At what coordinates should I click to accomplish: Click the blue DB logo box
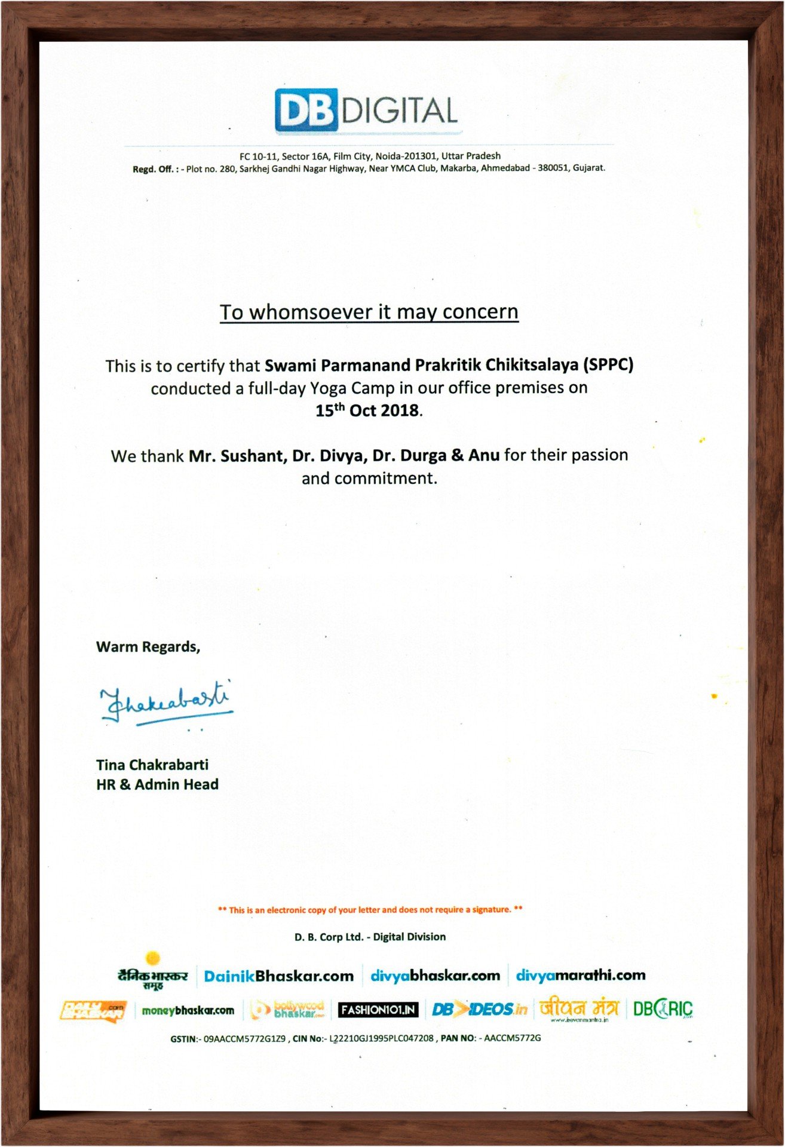point(306,111)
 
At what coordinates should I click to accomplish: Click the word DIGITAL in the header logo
point(400,111)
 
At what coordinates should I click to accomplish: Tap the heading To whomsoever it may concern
point(369,312)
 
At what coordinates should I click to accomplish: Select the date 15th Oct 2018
point(367,410)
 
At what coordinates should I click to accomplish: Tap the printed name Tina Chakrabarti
point(152,765)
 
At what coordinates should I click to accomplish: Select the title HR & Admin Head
point(157,784)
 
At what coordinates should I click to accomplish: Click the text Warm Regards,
point(148,646)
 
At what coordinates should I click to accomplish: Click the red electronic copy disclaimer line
point(370,910)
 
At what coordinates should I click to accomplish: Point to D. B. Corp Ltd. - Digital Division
point(370,937)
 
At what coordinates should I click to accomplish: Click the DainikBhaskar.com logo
point(278,976)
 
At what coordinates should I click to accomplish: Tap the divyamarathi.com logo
point(580,976)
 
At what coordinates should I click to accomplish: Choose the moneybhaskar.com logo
point(188,1010)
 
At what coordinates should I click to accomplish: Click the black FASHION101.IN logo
point(378,1010)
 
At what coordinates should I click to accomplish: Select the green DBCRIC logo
point(663,1009)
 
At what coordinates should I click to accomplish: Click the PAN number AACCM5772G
point(512,1038)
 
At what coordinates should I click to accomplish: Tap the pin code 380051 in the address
point(553,168)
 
